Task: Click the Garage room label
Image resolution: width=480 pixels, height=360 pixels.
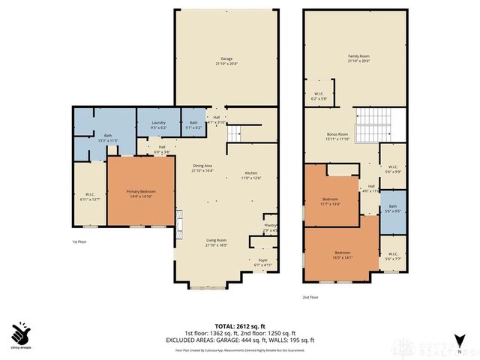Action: (226, 60)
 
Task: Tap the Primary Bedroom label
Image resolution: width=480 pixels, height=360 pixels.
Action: (142, 193)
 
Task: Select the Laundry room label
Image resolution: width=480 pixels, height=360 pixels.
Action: (158, 124)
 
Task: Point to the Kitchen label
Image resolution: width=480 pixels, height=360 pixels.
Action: (250, 175)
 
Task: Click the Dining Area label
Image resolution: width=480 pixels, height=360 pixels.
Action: (203, 168)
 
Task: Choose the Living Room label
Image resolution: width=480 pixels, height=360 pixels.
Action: (217, 242)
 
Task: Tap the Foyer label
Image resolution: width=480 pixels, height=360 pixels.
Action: (262, 262)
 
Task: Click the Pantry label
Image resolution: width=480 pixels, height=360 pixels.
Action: (270, 226)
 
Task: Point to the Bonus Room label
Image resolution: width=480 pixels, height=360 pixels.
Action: (338, 136)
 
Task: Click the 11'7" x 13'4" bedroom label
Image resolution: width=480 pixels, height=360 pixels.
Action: (331, 200)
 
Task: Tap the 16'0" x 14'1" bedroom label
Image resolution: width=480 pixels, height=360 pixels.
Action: (342, 255)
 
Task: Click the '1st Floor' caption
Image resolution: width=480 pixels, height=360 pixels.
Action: (81, 242)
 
